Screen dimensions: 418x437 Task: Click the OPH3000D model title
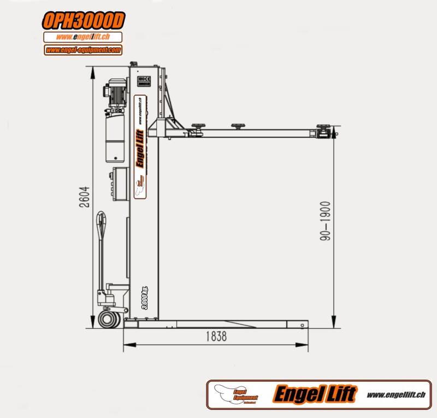coord(84,21)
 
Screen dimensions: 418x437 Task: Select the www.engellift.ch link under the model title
coord(83,37)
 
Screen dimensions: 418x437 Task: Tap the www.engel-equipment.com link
coord(83,50)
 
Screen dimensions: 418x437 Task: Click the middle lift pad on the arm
coord(237,126)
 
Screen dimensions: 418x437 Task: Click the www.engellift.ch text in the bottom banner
coord(396,394)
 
